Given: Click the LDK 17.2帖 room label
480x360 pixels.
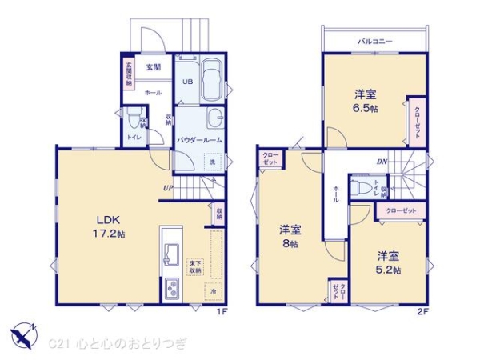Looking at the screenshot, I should coord(110,225).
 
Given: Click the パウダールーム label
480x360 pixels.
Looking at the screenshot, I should coord(199,140).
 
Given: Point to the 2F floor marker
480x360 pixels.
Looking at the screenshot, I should coord(422,312).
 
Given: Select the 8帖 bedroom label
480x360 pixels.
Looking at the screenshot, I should coord(289,236).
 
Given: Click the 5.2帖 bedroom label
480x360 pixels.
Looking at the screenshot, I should coord(389,263).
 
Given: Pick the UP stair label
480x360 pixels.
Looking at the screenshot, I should coord(166,189).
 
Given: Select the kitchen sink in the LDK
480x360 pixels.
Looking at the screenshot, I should coord(170,254).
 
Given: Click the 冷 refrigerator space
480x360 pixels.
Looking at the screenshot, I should coord(212,293).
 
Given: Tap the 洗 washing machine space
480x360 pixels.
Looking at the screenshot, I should coord(212,162).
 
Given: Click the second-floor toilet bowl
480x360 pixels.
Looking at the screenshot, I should coord(362,189).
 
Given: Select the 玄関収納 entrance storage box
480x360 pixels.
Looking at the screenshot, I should coord(128,73).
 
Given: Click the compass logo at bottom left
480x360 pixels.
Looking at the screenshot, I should coord(24,334).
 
